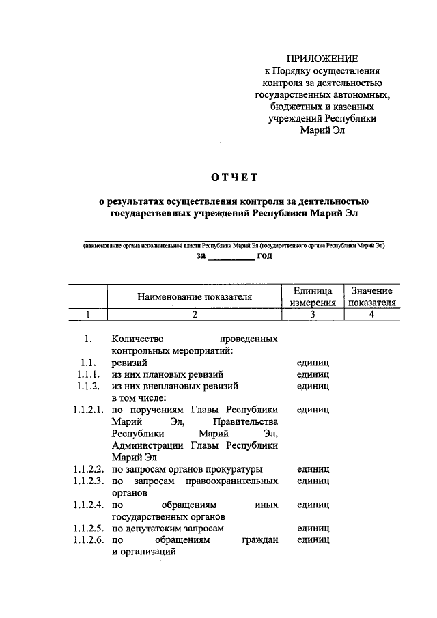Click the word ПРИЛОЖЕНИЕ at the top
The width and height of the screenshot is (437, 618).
320,59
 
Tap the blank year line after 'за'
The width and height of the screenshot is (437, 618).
229,257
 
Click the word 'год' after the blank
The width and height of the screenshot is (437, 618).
265,255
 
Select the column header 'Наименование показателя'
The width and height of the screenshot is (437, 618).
195,297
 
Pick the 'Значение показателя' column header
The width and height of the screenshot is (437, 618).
371,297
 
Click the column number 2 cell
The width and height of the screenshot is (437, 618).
195,314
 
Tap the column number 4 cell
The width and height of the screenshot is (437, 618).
371,314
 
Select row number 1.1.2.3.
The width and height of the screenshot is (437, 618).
88,481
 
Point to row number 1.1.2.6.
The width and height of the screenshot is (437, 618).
88,540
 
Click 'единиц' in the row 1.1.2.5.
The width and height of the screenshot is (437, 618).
313,529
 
